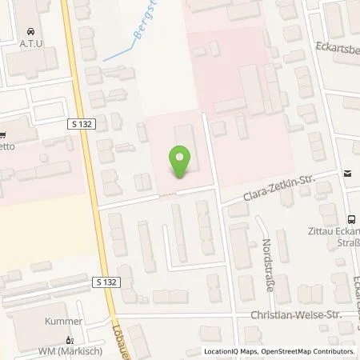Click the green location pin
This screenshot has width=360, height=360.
(x=181, y=162)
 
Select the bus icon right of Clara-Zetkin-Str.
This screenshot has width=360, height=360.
(x=347, y=174)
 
